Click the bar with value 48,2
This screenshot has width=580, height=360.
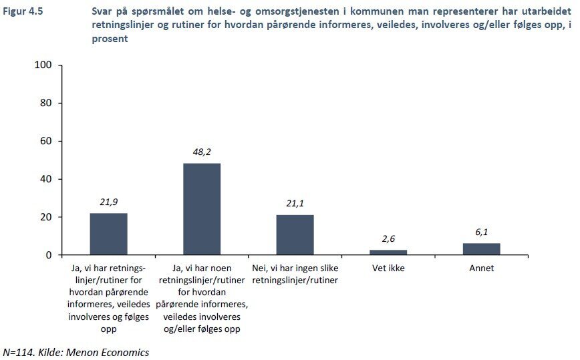pos(202,209)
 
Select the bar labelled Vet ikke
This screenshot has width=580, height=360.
pos(388,252)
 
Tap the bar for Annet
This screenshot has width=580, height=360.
pos(481,249)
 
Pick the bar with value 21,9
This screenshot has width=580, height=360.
pos(108,234)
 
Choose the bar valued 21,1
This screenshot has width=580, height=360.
pos(295,234)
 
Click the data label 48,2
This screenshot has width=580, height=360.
pos(202,153)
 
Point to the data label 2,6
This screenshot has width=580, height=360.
pos(388,240)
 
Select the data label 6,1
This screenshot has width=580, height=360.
pos(481,233)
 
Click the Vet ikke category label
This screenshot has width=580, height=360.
pos(388,268)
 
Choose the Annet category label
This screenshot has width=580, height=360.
pos(481,268)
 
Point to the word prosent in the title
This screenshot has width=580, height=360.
pos(110,39)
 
